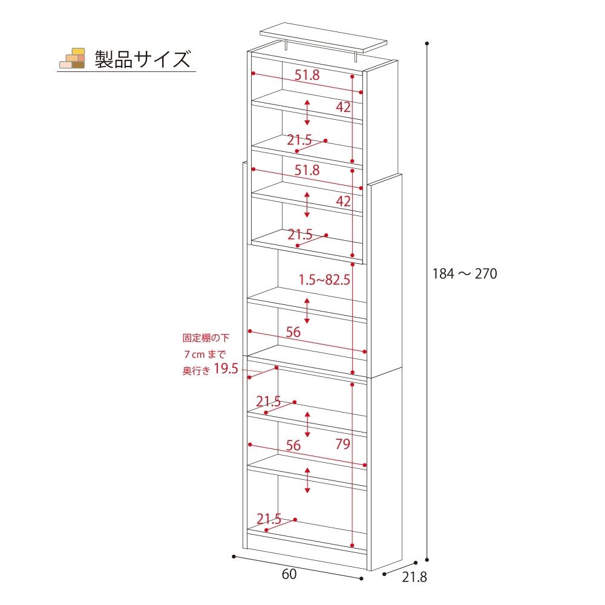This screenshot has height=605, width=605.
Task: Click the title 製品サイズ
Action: point(142,59)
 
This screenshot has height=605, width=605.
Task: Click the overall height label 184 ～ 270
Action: point(464,274)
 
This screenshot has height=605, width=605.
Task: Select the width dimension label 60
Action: point(289,575)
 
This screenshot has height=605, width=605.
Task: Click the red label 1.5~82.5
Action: point(325,280)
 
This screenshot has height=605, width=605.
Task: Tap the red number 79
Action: point(342,445)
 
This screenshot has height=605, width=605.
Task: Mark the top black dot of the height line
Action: point(428,44)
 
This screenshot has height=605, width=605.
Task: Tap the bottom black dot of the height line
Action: point(428,560)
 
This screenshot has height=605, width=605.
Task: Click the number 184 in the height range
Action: point(443,274)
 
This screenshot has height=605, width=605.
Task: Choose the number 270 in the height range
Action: point(485,274)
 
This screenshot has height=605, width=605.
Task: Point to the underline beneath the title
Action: point(126,72)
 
